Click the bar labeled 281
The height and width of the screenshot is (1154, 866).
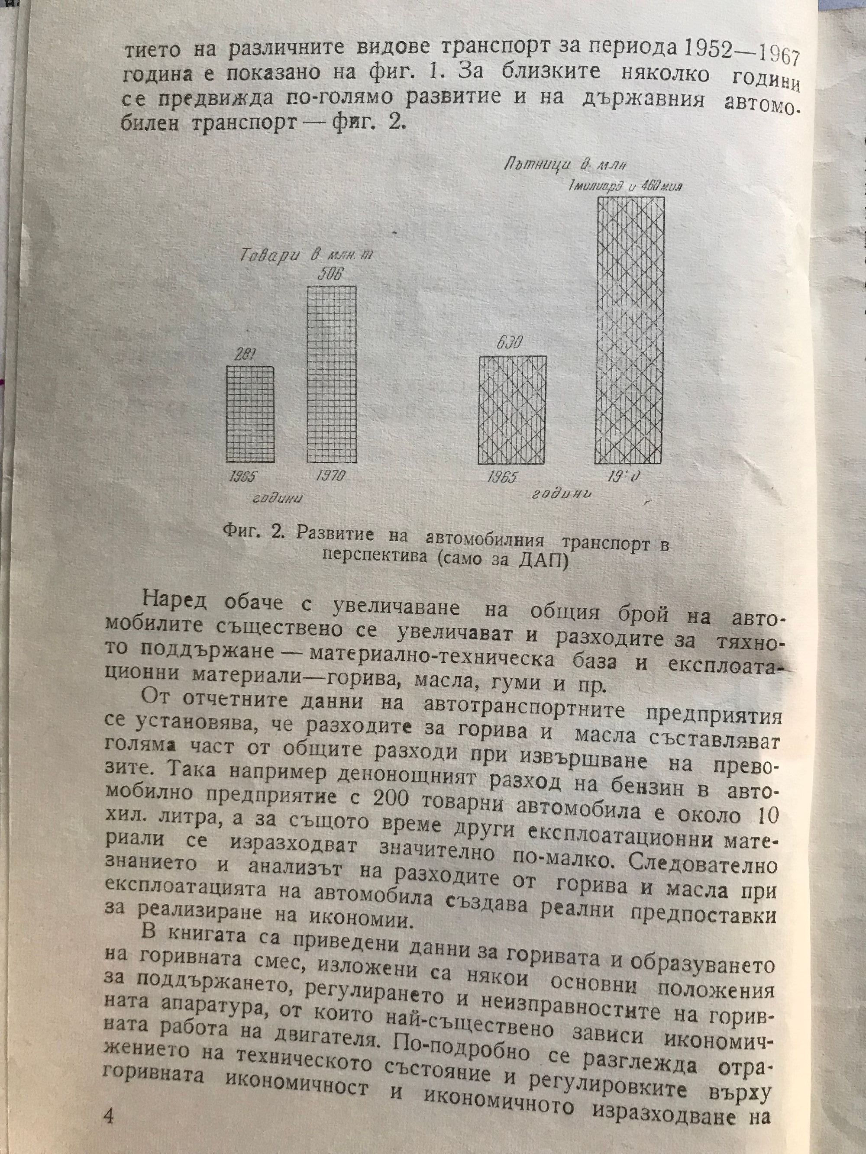[x=250, y=414]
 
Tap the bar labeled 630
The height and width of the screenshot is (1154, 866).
[x=513, y=410]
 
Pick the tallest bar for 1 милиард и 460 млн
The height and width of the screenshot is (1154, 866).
[x=630, y=330]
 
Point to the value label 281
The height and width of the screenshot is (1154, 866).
[x=243, y=355]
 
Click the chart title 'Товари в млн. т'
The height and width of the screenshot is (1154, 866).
[x=307, y=256]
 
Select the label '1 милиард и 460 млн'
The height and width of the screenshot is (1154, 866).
[x=626, y=186]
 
